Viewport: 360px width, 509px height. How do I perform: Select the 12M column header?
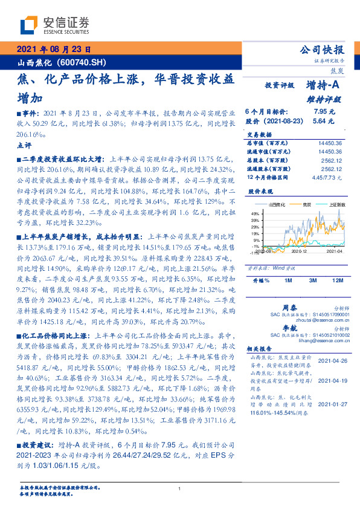337,281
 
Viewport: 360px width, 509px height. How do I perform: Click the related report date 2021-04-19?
330,381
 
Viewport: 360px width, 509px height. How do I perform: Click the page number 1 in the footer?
180,489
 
